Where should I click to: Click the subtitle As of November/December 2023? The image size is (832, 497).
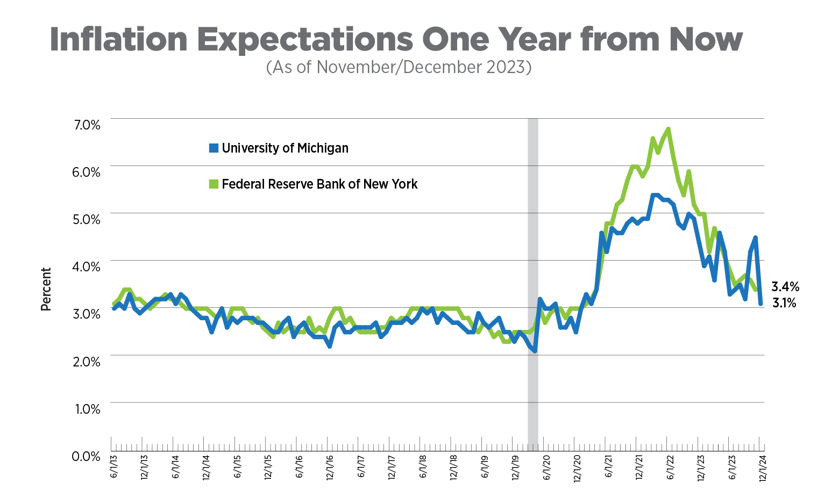tap(399, 67)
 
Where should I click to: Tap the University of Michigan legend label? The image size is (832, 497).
tap(285, 148)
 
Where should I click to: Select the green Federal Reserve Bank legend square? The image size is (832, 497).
tap(214, 184)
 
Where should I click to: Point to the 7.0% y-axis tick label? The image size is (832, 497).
tap(86, 125)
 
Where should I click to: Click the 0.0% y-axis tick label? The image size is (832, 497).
tap(86, 456)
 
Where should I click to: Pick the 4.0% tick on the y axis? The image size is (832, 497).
tap(86, 266)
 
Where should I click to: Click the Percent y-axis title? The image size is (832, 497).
tap(46, 289)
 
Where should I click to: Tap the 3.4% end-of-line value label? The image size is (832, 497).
tap(785, 286)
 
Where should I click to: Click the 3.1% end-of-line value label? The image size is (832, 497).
tap(784, 303)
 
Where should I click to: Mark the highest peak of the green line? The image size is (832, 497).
tap(668, 129)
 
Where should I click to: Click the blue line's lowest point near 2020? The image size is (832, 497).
tap(535, 350)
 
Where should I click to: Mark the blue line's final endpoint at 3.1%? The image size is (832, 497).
tap(760, 304)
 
